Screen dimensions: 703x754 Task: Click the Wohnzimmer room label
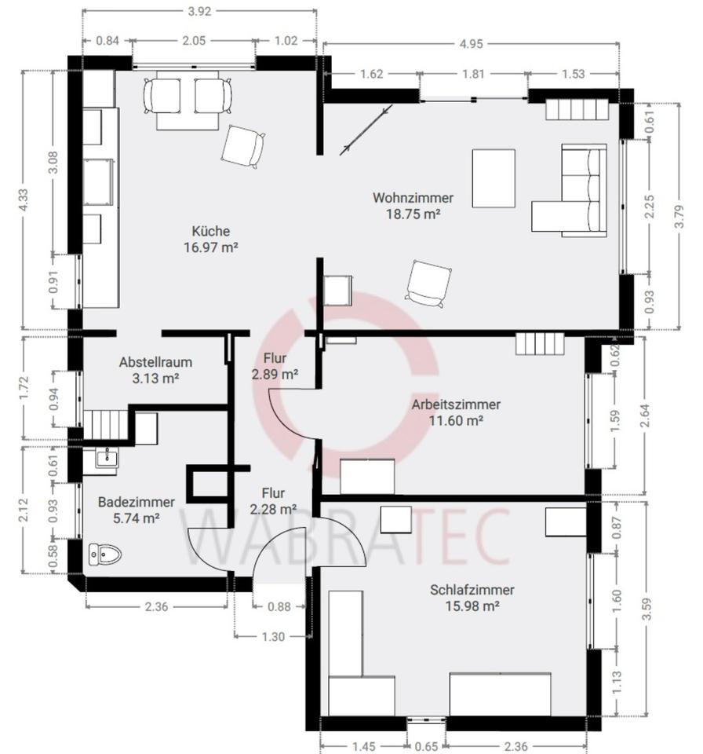coord(413,198)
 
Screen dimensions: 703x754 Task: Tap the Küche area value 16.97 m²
coord(211,247)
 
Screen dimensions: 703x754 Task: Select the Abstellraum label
coord(155,361)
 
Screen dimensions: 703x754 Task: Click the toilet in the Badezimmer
coord(105,555)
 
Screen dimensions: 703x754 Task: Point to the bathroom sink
coord(107,457)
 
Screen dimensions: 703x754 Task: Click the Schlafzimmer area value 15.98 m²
coord(472,606)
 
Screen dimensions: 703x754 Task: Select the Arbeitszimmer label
coord(456,404)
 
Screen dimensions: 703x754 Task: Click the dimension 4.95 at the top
coord(471,44)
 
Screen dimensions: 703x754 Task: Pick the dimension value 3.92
coord(199,11)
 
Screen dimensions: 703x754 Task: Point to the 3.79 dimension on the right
coord(679,217)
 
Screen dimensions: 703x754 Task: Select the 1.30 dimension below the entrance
coord(273,637)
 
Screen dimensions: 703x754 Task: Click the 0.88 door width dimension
coord(279,607)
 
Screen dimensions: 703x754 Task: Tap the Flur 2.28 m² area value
coord(273,509)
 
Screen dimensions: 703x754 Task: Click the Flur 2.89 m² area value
coord(275,374)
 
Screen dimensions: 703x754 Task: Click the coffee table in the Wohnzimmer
coord(494,178)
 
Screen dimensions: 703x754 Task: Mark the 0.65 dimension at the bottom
coord(426,746)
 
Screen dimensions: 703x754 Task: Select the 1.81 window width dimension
coord(473,74)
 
